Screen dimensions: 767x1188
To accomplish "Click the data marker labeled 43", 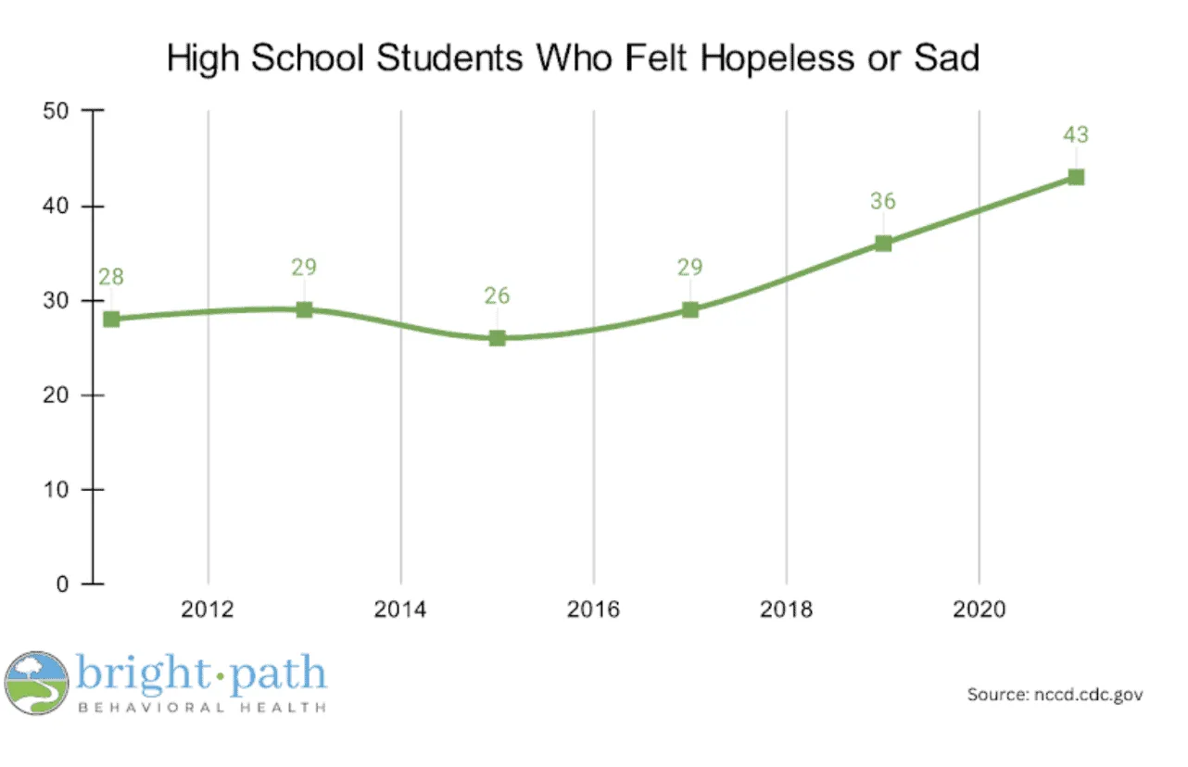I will [x=1075, y=177].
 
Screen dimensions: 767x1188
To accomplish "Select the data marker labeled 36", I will [x=883, y=244].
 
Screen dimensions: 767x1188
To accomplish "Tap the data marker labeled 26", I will [x=498, y=338].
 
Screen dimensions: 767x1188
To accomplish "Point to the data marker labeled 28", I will [x=112, y=319].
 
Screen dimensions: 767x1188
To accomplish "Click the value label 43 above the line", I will [x=1075, y=135].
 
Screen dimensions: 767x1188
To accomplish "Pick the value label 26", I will [x=498, y=296].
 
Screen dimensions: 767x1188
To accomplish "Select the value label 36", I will [x=883, y=201].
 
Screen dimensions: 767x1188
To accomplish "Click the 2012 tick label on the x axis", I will [x=209, y=611].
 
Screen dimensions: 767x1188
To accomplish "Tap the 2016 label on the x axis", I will [x=594, y=611].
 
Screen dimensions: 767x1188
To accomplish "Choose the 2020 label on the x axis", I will [x=979, y=611].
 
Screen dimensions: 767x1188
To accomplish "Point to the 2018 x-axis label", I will [x=787, y=611].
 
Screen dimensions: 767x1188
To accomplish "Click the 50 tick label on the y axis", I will [x=58, y=111].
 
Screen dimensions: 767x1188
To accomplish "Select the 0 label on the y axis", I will [x=64, y=585].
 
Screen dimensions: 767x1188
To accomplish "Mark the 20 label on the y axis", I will [x=58, y=396].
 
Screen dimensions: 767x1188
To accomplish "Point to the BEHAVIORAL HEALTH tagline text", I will [x=201, y=708].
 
